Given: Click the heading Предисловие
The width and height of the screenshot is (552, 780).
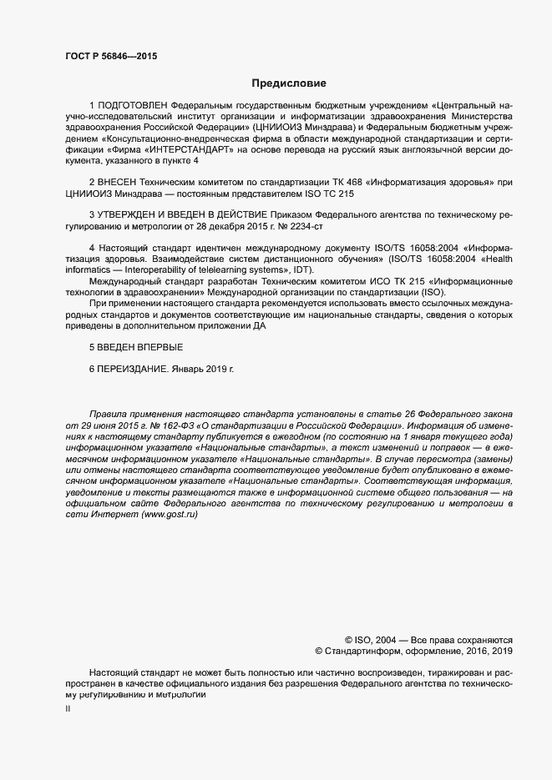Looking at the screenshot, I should click(x=289, y=83).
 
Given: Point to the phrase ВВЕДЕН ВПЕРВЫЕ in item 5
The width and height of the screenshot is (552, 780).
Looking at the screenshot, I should click(x=139, y=345).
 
